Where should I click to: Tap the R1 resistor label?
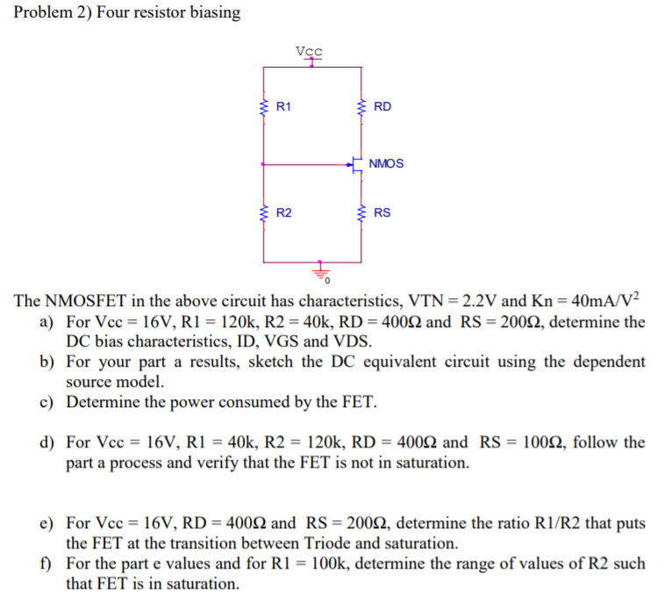pyautogui.click(x=283, y=108)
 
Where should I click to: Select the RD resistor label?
pyautogui.click(x=382, y=108)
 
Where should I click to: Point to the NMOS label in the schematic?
pyautogui.click(x=387, y=164)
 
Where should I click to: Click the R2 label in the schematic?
pyautogui.click(x=284, y=213)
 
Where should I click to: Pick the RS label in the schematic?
pyautogui.click(x=382, y=213)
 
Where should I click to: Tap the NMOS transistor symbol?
pyautogui.click(x=357, y=164)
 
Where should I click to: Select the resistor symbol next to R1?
pyautogui.click(x=263, y=108)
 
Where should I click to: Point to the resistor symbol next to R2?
pyautogui.click(x=263, y=213)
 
